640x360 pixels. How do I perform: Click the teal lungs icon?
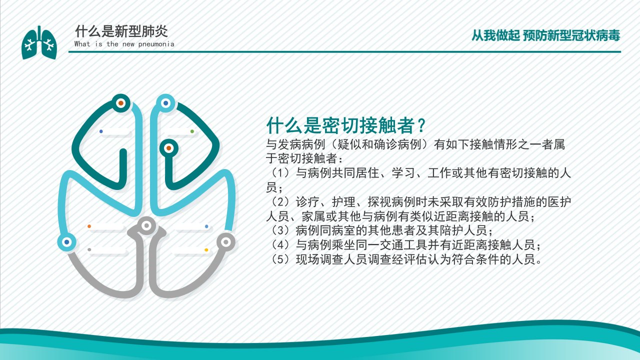[39, 42]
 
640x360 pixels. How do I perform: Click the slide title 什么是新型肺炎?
[121, 31]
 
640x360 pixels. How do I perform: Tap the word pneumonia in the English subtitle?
[156, 44]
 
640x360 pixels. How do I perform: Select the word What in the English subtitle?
[82, 43]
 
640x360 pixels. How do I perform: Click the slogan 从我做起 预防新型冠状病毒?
[545, 35]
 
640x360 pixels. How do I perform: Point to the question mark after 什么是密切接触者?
[421, 125]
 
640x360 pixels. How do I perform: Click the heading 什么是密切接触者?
[340, 125]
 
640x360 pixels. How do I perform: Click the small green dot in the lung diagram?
[192, 131]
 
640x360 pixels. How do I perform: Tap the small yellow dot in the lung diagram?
[206, 250]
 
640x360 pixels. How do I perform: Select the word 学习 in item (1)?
[403, 173]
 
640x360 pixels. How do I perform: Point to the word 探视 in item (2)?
[379, 202]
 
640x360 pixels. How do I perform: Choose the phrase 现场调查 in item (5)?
[319, 259]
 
